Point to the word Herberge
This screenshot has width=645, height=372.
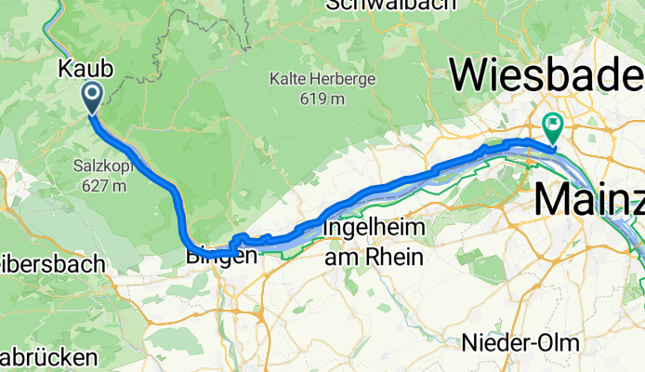pos(345,79)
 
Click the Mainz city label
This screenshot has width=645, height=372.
pos(588,198)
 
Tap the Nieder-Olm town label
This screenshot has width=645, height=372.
pos(520,342)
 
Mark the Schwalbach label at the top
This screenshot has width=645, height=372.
pos(390,6)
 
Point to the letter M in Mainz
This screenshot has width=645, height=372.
pos(552,198)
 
